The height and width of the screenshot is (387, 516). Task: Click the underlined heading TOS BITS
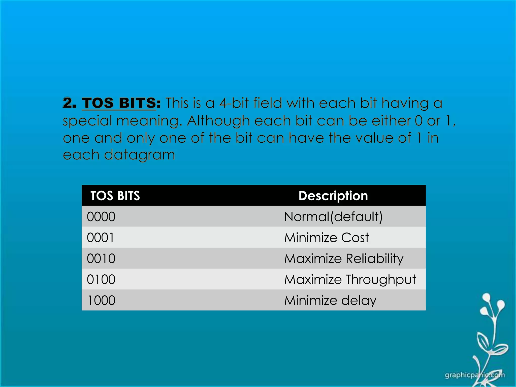tap(119, 103)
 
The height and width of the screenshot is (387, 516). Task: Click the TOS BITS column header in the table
tap(115, 196)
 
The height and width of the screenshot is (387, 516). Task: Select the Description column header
tap(333, 196)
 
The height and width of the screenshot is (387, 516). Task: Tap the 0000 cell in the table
tap(101, 217)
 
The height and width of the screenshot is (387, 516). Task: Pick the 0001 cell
tap(100, 238)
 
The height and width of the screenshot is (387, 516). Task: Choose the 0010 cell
tap(101, 259)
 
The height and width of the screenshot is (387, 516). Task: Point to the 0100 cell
tap(101, 279)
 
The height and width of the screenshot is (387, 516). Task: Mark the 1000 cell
tap(101, 300)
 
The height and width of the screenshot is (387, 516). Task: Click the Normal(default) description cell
tap(333, 217)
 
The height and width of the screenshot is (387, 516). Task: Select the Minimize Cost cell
tap(327, 238)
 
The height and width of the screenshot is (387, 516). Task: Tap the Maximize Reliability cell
tap(344, 259)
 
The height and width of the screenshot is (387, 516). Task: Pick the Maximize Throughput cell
tap(350, 279)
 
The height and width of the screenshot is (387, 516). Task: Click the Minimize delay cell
tap(330, 300)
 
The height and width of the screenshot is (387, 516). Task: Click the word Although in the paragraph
tap(218, 121)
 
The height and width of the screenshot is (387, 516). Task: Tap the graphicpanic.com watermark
tap(475, 375)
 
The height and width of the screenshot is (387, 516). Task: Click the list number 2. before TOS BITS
tap(69, 103)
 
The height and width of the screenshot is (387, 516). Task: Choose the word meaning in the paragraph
tap(149, 121)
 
